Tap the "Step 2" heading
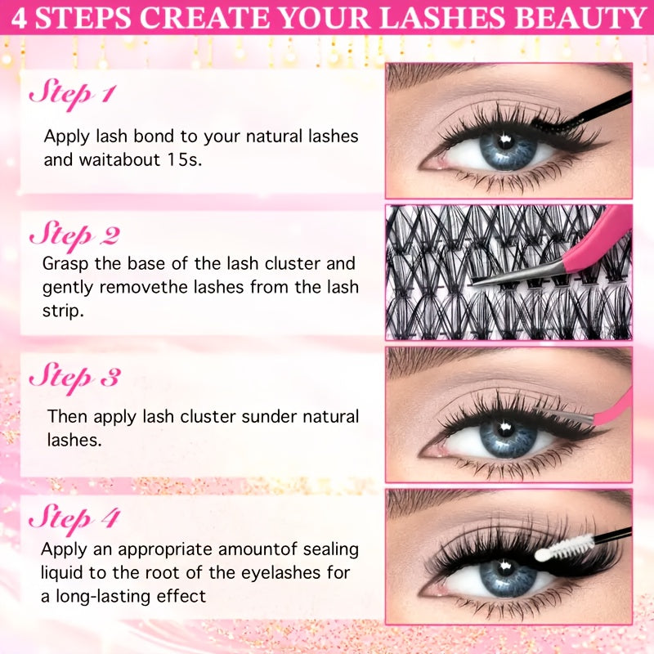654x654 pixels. click(74, 235)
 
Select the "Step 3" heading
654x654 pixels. click(74, 377)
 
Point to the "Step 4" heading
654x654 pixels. click(74, 517)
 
